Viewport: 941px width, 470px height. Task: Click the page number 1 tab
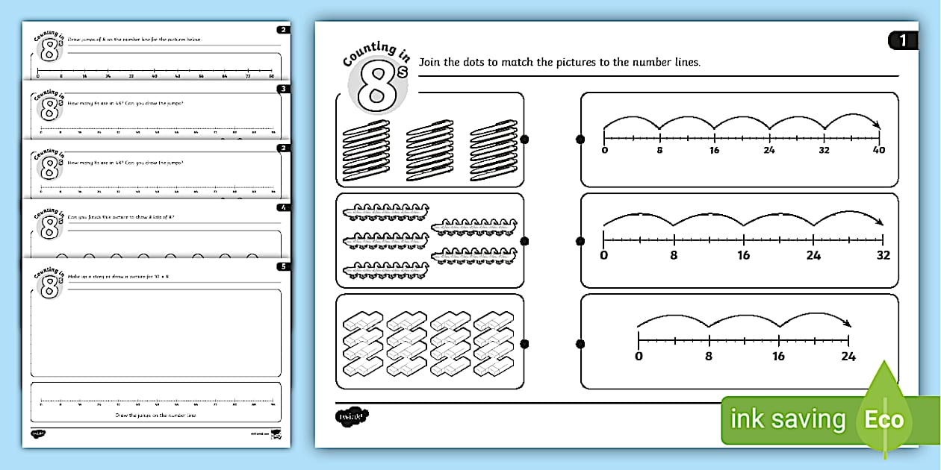pyautogui.click(x=903, y=40)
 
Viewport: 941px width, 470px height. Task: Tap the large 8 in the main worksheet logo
pyautogui.click(x=378, y=87)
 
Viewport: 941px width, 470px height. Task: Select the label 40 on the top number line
pyautogui.click(x=878, y=151)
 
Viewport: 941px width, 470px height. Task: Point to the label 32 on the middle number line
pyautogui.click(x=883, y=255)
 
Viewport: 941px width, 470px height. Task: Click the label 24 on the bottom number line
pyautogui.click(x=848, y=357)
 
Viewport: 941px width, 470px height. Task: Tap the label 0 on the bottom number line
pyautogui.click(x=639, y=357)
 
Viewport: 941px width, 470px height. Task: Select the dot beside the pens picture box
pyautogui.click(x=524, y=140)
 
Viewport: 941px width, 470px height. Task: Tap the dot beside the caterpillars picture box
pyautogui.click(x=524, y=241)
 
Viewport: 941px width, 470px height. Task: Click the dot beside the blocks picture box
pyautogui.click(x=524, y=344)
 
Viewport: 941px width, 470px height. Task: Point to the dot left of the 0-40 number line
pyautogui.click(x=581, y=140)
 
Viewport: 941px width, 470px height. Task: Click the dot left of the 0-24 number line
pyautogui.click(x=581, y=344)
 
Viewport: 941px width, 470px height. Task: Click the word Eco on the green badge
pyautogui.click(x=883, y=419)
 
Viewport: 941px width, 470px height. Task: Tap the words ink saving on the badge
pyautogui.click(x=787, y=420)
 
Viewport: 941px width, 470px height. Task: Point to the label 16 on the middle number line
pyautogui.click(x=743, y=255)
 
